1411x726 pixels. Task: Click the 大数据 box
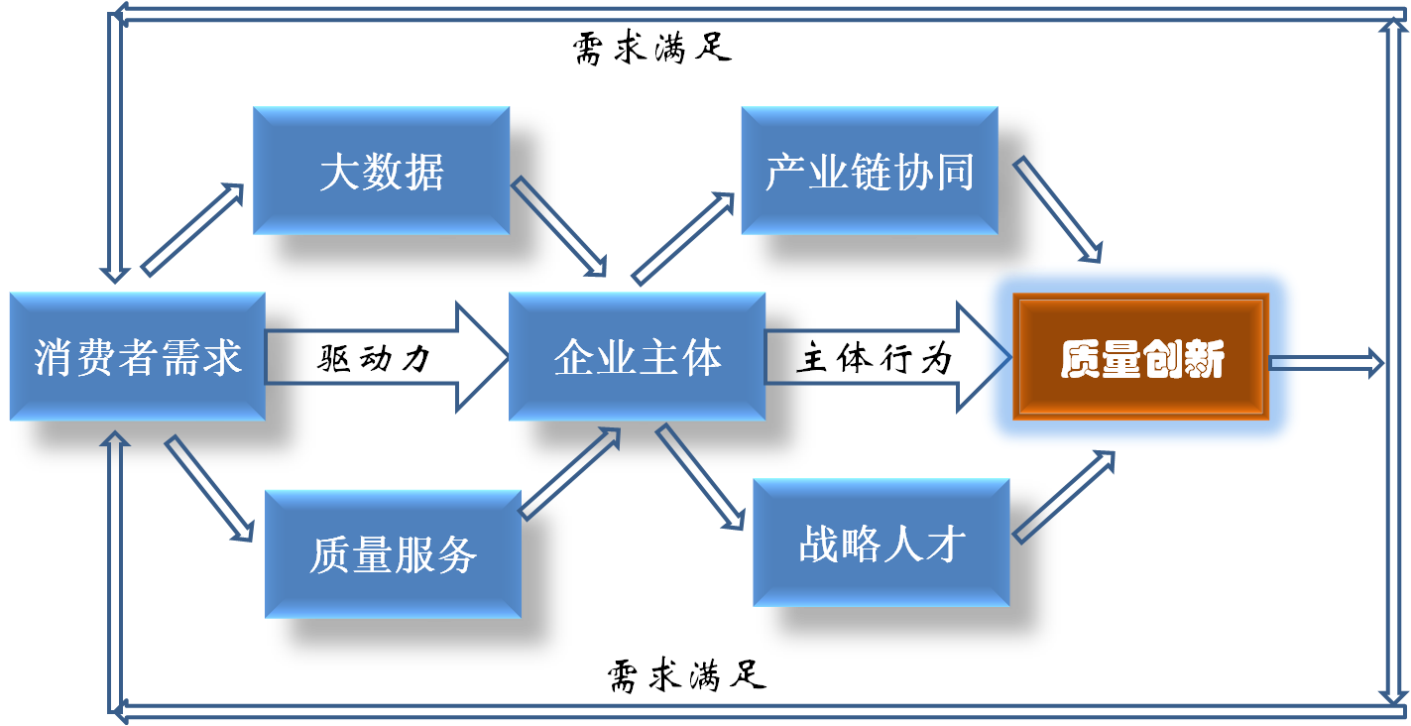[x=382, y=172]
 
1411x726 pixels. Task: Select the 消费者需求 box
[x=138, y=356]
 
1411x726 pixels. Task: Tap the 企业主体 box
[x=638, y=356]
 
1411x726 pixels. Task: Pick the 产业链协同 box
[x=870, y=172]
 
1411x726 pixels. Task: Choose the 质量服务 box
[x=394, y=553]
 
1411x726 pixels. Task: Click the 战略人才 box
[x=882, y=543]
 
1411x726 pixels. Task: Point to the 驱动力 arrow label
[x=375, y=358]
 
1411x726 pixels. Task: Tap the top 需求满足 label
[x=652, y=48]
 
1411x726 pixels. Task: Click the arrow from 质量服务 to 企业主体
[x=571, y=473]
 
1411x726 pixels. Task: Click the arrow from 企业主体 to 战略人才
[x=699, y=477]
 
